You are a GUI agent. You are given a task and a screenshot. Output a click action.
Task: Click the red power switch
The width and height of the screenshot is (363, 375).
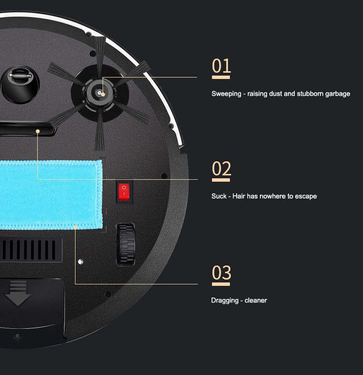124,192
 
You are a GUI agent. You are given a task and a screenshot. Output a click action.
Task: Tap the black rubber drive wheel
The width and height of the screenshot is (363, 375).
126,244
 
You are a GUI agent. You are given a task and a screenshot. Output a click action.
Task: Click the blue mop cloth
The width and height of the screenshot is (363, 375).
51,195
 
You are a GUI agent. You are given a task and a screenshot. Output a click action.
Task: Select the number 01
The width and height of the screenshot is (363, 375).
221,66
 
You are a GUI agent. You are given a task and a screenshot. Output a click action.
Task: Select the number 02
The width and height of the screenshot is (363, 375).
221,169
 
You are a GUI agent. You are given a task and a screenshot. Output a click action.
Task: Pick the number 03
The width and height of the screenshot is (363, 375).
221,272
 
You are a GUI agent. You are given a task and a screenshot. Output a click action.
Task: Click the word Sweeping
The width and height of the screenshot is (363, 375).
227,94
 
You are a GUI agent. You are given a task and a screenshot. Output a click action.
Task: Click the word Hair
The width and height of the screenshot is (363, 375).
239,196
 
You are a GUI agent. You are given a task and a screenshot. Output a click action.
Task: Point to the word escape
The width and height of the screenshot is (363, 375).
306,196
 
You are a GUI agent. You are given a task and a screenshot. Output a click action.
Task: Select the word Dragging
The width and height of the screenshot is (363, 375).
225,300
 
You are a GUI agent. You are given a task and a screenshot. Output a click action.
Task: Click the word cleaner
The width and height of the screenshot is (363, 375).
256,300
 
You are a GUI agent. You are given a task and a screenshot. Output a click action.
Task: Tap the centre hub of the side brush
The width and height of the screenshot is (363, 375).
99,93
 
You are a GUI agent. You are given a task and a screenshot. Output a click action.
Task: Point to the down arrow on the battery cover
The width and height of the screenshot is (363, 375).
18,293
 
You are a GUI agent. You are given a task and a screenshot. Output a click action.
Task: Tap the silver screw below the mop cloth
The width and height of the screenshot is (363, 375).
80,262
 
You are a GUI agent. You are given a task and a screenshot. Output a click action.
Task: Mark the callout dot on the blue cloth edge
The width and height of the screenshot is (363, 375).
76,227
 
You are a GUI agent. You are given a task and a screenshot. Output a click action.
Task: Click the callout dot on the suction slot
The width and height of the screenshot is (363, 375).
38,131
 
